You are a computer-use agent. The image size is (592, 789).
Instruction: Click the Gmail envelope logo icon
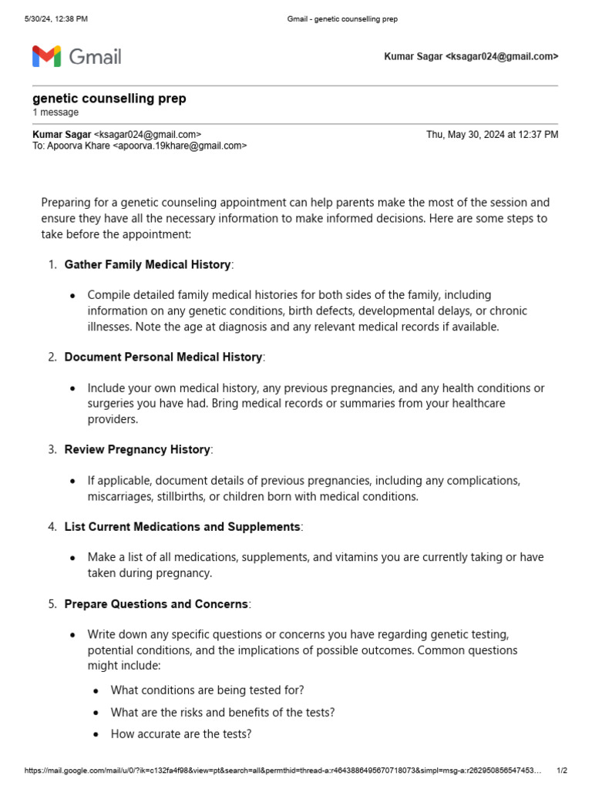click(46, 56)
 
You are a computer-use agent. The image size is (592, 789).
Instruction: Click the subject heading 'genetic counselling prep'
click(109, 99)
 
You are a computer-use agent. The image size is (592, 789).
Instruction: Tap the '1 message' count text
click(55, 112)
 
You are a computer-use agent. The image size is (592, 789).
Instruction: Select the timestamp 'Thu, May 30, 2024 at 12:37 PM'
click(492, 134)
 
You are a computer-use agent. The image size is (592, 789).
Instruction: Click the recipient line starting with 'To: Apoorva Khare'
click(140, 146)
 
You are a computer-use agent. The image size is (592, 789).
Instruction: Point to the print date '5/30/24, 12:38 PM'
click(55, 18)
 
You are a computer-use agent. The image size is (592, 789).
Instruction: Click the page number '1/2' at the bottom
click(562, 771)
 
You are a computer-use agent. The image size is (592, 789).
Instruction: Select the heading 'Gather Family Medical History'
click(147, 264)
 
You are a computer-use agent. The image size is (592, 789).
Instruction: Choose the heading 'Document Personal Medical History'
click(163, 357)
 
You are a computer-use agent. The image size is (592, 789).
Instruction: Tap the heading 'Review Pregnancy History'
click(137, 449)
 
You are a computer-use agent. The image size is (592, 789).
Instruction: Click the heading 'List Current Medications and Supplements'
click(182, 526)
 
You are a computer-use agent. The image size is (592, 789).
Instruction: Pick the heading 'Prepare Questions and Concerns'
click(156, 604)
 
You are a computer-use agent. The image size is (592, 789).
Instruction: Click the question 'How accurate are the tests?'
click(181, 734)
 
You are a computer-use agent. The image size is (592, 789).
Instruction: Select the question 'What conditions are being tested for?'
click(207, 690)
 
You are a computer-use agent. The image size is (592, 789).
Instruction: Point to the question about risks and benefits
click(223, 712)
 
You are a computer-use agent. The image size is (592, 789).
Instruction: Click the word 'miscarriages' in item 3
click(119, 496)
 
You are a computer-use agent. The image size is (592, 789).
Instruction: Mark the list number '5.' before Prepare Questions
click(52, 604)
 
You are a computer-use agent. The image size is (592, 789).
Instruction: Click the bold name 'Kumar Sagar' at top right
click(413, 56)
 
